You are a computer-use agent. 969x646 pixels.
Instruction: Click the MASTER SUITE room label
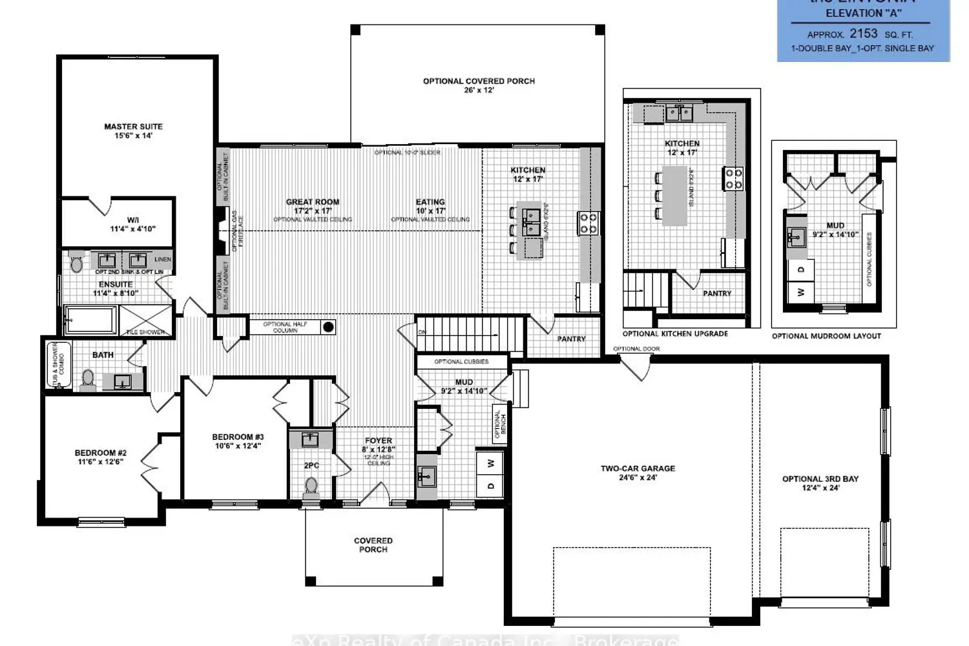pos(133,127)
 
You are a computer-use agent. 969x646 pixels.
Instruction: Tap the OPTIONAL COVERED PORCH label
pos(479,81)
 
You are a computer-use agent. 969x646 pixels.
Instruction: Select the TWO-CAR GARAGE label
pos(638,468)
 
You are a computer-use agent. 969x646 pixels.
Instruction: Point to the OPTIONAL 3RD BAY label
pos(820,479)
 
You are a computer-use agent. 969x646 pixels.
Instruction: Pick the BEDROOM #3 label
pos(238,437)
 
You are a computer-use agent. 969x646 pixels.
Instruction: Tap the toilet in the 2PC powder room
pos(311,485)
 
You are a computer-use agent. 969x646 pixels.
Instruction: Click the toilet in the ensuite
pos(77,264)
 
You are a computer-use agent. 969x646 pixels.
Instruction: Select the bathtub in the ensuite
pos(91,320)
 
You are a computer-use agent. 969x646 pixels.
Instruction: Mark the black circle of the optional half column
pos(328,327)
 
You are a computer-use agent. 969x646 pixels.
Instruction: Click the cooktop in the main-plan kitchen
pos(588,223)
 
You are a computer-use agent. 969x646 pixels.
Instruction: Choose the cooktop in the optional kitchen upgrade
pos(733,178)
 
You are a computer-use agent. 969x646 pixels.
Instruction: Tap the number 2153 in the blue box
pos(863,34)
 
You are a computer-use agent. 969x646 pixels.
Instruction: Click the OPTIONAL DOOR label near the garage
pos(636,349)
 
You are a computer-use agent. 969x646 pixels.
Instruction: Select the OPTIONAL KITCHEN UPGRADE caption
pos(675,334)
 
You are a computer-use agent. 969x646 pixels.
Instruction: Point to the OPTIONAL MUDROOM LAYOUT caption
pos(826,336)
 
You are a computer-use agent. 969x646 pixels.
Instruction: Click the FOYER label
pos(379,441)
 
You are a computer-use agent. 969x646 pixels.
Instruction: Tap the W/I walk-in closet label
pos(132,220)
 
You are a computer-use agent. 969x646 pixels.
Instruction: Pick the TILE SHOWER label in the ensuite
pos(145,332)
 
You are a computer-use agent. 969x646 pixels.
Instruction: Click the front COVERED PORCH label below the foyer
pos(373,541)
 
